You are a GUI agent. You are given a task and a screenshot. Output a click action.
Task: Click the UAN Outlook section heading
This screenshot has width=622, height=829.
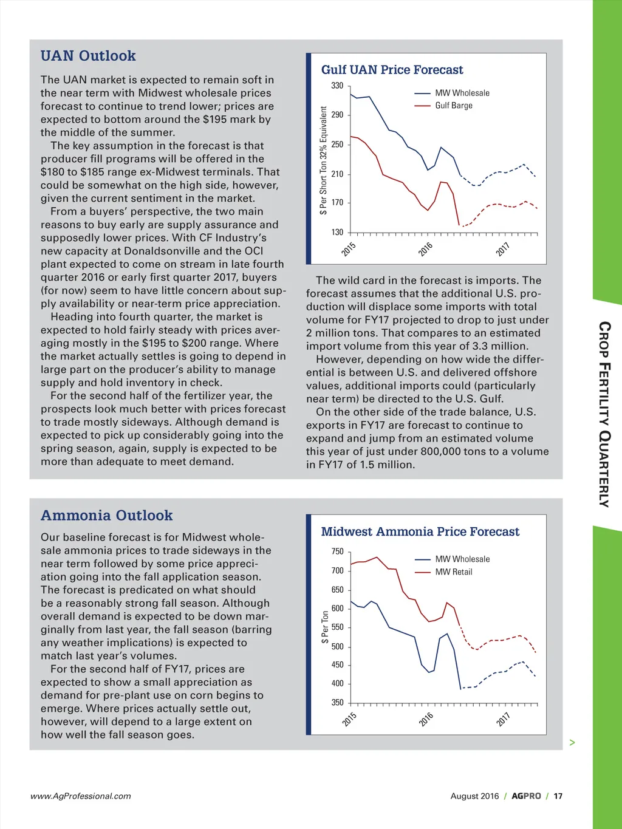[x=88, y=56]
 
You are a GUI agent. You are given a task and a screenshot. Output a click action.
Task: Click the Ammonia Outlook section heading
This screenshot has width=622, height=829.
[x=106, y=516]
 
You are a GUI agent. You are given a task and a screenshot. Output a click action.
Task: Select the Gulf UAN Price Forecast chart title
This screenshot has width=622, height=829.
[x=392, y=70]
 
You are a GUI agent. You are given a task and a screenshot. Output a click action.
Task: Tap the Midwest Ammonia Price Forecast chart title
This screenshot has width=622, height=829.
[x=420, y=532]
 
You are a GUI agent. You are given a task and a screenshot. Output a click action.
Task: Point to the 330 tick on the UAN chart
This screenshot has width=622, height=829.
[x=337, y=86]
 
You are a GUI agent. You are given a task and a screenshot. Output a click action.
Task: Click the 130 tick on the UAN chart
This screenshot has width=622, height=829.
[x=337, y=232]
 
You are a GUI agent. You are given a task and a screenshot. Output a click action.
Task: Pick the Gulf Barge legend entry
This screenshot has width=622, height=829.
[x=453, y=106]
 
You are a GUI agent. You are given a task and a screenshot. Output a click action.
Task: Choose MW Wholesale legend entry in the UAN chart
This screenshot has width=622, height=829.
[x=462, y=93]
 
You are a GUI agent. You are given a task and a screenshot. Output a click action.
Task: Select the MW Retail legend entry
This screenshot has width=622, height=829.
[x=453, y=571]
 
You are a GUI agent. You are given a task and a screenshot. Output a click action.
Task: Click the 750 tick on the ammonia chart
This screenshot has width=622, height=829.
[x=337, y=551]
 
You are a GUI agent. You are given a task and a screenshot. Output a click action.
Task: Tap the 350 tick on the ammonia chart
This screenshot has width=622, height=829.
[x=337, y=703]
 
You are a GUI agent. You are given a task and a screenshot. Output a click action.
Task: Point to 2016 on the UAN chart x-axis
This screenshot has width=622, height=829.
[x=425, y=249]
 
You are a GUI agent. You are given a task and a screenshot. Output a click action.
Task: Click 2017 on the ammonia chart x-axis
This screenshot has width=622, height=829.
[x=503, y=720]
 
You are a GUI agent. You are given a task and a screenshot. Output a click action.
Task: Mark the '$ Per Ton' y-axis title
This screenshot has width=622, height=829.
[x=325, y=627]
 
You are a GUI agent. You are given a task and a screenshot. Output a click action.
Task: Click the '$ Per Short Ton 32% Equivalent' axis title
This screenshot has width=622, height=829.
[x=324, y=160]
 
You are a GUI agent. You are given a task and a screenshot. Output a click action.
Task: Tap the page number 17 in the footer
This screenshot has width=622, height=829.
[x=558, y=796]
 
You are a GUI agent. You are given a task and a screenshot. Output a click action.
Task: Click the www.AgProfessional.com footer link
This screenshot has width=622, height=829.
[x=80, y=796]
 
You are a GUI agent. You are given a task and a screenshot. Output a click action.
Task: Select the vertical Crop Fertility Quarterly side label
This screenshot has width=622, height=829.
[x=604, y=414]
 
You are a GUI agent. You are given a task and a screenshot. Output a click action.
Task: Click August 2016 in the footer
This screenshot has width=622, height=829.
[x=474, y=796]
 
